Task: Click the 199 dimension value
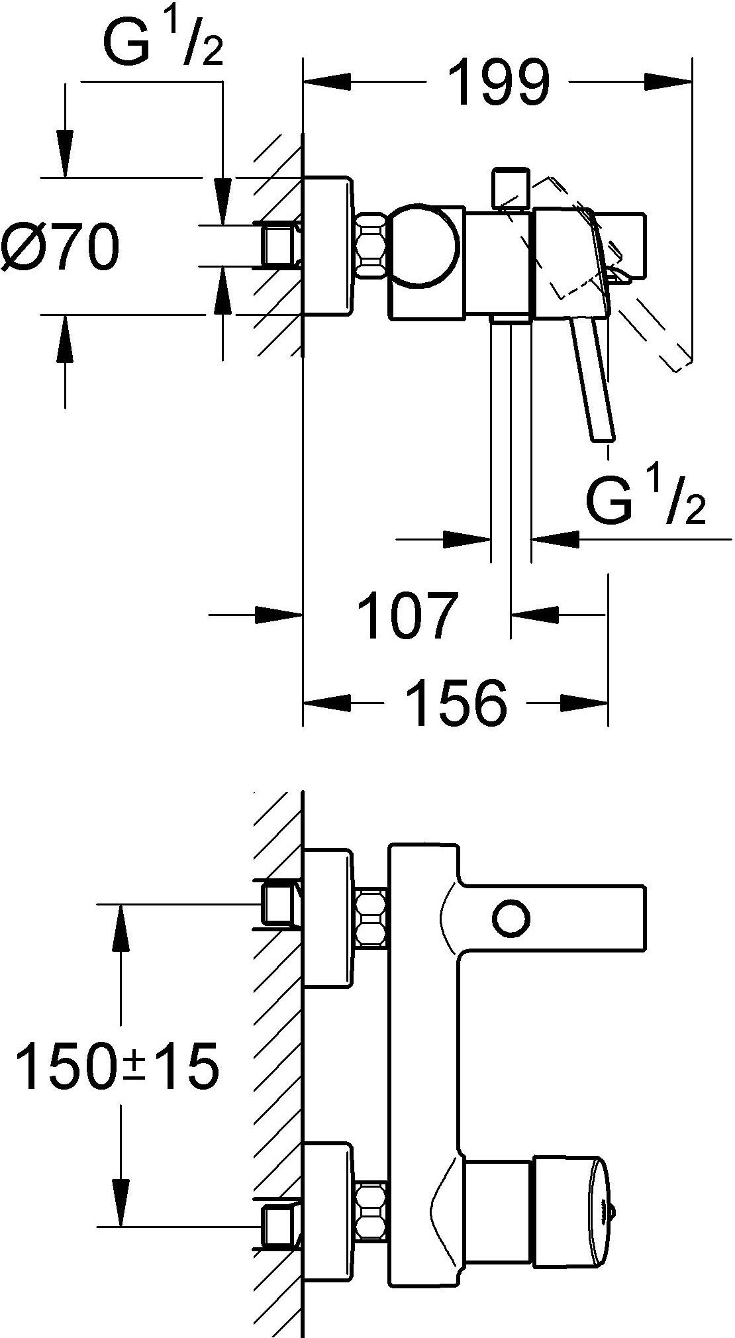tap(498, 83)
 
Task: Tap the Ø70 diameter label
tap(61, 246)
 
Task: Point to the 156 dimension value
tap(456, 703)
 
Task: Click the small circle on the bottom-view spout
tap(511, 918)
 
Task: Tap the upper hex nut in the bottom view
tap(371, 918)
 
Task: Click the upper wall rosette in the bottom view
tap(327, 918)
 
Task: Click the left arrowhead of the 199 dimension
tap(324, 82)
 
